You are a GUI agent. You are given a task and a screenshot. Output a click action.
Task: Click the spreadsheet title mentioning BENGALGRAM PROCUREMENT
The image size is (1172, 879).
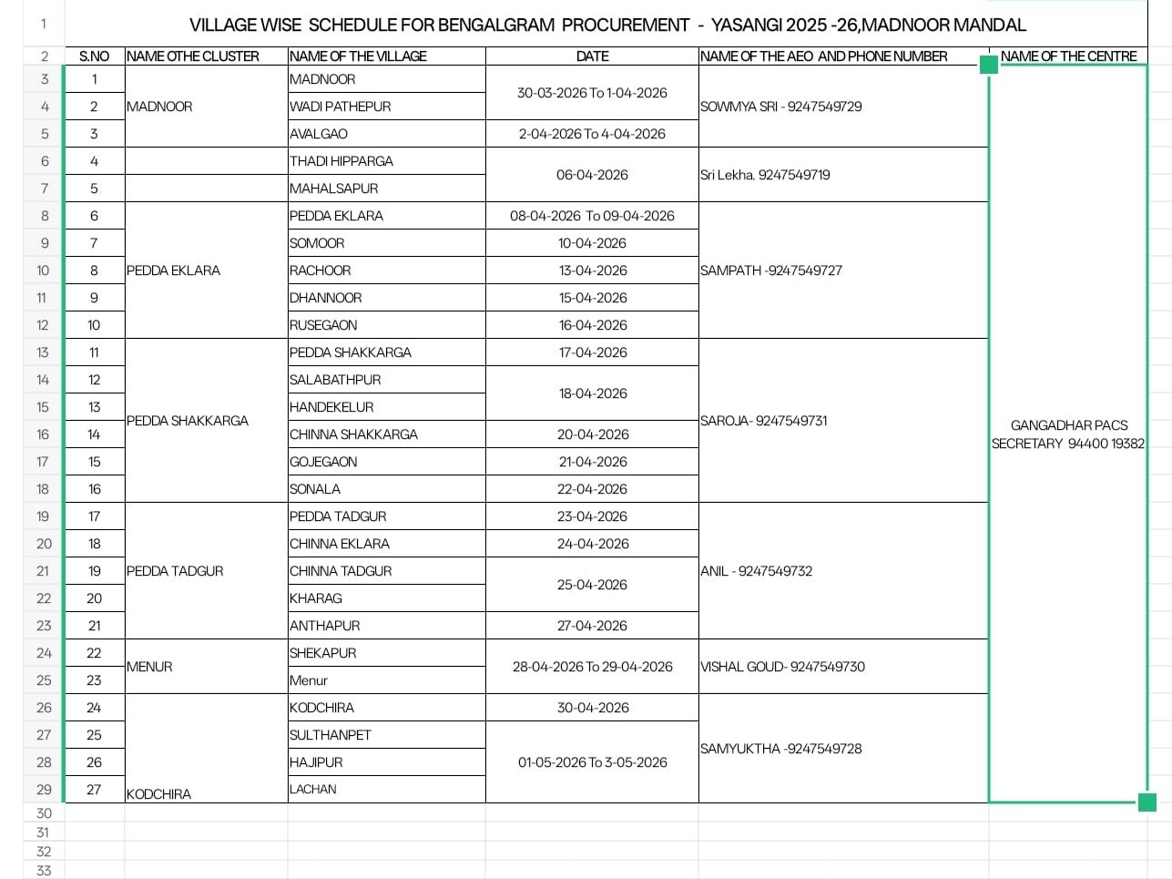(607, 25)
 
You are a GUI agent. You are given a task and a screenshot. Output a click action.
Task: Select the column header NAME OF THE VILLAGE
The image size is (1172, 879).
(358, 56)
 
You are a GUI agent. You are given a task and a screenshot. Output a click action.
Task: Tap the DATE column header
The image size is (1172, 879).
(592, 56)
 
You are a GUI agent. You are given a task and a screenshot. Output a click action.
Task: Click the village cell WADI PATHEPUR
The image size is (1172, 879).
(340, 107)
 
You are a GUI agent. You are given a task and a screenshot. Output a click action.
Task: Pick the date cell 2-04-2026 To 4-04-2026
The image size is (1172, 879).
(592, 134)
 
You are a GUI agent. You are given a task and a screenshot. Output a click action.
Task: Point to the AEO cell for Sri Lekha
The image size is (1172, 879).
(765, 175)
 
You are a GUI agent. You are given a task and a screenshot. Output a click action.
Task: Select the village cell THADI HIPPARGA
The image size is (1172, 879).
(341, 161)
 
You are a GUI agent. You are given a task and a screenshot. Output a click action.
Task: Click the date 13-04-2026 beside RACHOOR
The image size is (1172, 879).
(592, 271)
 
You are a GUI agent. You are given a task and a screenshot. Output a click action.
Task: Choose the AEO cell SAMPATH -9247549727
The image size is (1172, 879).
(771, 271)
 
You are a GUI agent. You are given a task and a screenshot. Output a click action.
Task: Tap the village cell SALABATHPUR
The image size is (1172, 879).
(335, 380)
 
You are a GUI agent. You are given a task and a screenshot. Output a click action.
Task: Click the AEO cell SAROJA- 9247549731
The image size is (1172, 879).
(764, 421)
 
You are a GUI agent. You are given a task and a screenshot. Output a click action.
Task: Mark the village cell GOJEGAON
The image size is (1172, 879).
(323, 462)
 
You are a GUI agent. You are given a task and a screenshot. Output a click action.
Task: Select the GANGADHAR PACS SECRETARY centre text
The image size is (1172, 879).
(1068, 434)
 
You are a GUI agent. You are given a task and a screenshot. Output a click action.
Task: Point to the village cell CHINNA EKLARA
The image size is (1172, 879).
(340, 544)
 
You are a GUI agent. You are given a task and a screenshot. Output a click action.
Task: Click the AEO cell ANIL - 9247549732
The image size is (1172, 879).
(756, 571)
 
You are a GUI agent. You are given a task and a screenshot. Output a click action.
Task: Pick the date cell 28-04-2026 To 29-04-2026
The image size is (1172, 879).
(592, 667)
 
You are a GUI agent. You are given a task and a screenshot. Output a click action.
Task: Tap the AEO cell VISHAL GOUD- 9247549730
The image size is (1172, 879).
(782, 667)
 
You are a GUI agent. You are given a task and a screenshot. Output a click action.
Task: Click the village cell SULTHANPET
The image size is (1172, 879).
(331, 735)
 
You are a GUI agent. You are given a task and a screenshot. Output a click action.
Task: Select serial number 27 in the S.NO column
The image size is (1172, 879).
(94, 790)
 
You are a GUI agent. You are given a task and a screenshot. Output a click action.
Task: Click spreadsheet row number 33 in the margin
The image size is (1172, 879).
(44, 870)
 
